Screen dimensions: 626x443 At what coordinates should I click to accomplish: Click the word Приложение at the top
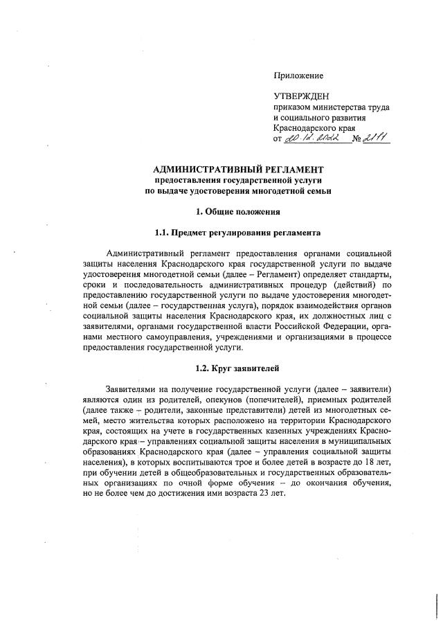(x=299, y=75)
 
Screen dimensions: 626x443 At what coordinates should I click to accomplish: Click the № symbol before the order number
(x=358, y=141)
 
